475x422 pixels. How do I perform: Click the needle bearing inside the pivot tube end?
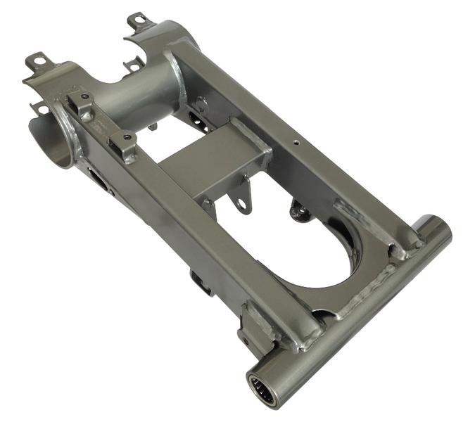click(262, 386)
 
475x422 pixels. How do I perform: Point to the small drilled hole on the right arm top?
click(296, 141)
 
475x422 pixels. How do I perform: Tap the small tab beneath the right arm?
click(300, 210)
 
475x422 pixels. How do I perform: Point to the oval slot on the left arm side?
click(99, 181)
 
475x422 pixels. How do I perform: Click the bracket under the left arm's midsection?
click(201, 281)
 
